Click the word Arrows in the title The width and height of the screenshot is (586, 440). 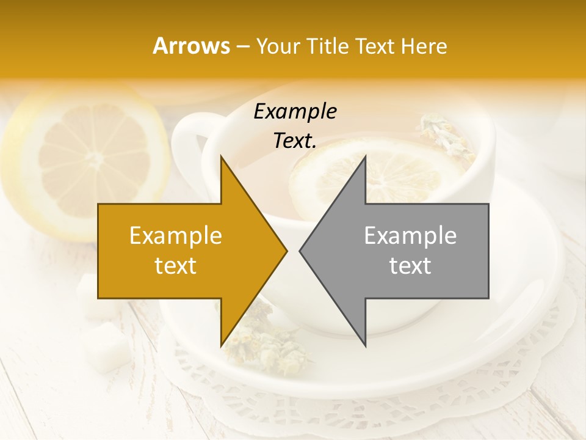[x=191, y=46]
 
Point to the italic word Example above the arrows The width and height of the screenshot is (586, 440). [x=295, y=112]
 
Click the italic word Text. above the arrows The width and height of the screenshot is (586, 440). [x=295, y=141]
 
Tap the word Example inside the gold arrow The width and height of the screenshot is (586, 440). [x=176, y=236]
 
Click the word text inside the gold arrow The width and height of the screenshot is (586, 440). [x=176, y=266]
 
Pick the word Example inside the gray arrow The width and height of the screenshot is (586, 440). [x=410, y=236]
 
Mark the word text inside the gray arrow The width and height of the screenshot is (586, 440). [x=410, y=266]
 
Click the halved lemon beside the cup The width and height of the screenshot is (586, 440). [x=85, y=159]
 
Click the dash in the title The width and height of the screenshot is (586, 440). [x=242, y=46]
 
